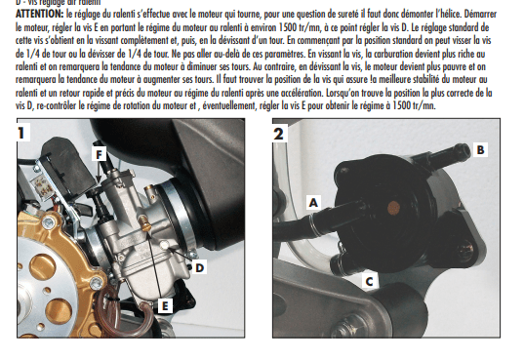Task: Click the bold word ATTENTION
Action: (37, 17)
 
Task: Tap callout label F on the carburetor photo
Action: (99, 153)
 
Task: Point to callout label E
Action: (165, 305)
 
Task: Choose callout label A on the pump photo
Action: (313, 202)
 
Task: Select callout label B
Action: (479, 149)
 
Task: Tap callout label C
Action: (368, 281)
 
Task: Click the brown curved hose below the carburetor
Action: (117, 312)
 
